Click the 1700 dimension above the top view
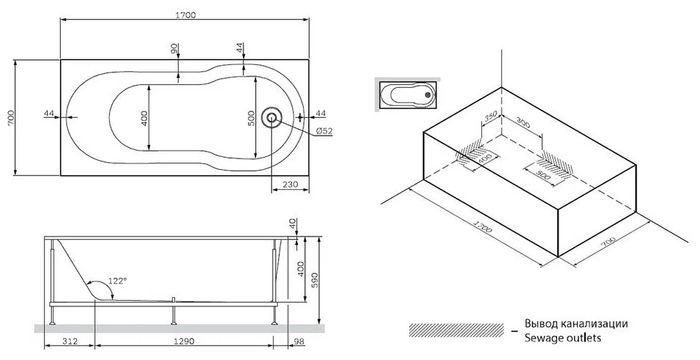(x=184, y=15)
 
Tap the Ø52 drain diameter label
(x=324, y=131)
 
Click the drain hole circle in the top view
(x=271, y=117)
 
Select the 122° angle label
(x=118, y=281)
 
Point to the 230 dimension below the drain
(x=290, y=184)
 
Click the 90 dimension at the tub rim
(x=174, y=49)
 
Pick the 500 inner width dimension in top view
(x=251, y=118)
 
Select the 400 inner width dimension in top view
(x=144, y=118)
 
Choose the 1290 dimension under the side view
(x=184, y=341)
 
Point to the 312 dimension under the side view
(x=70, y=341)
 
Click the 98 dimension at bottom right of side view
(x=299, y=341)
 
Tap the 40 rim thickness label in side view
(x=293, y=224)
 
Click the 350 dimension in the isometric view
(x=491, y=118)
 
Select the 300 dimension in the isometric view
(x=523, y=122)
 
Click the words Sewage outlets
(x=563, y=338)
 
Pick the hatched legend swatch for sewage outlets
(x=456, y=330)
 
